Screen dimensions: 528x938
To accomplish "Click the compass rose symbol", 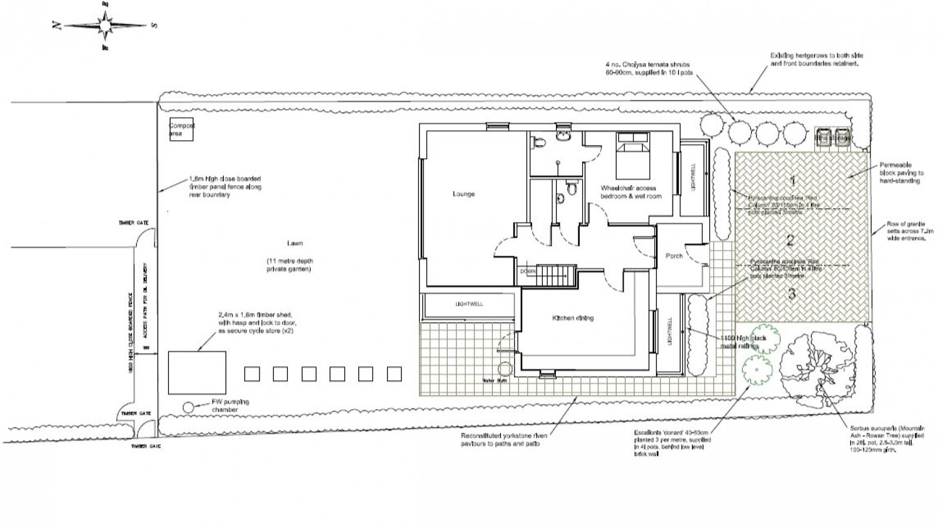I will [104, 26].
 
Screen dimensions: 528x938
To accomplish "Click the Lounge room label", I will [463, 194].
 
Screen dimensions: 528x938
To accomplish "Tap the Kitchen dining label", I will [572, 318].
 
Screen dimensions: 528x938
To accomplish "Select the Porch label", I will [674, 256].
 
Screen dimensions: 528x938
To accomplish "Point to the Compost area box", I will [180, 129].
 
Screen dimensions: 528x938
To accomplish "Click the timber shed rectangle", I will [197, 372].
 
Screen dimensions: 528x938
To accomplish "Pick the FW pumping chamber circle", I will [188, 407].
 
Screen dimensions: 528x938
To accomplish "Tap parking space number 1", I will [793, 181].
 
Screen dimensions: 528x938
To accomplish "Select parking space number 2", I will [790, 240].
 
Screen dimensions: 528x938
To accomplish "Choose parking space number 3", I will [792, 293].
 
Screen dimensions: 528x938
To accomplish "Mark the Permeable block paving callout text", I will [901, 173].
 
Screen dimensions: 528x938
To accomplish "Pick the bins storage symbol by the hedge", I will [833, 138].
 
